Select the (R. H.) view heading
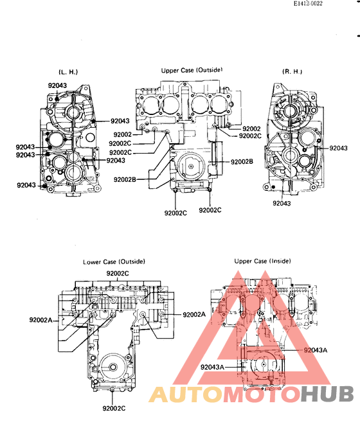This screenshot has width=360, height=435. [292, 72]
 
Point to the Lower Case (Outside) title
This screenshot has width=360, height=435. [114, 262]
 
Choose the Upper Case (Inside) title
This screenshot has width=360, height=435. [259, 262]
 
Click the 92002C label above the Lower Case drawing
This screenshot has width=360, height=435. [118, 274]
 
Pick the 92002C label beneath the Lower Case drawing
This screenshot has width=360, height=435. [114, 408]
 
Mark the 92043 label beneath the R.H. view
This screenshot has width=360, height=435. [282, 203]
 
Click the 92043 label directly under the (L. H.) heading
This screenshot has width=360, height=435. [57, 85]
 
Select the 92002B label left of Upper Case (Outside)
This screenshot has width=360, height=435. [125, 179]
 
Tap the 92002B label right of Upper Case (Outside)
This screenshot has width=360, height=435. [242, 162]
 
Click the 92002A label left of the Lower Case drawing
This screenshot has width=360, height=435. [41, 319]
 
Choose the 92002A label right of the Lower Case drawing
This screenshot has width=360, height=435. [194, 314]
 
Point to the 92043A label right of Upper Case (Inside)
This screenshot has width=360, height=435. [316, 350]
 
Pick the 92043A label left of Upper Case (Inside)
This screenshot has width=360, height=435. [212, 368]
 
